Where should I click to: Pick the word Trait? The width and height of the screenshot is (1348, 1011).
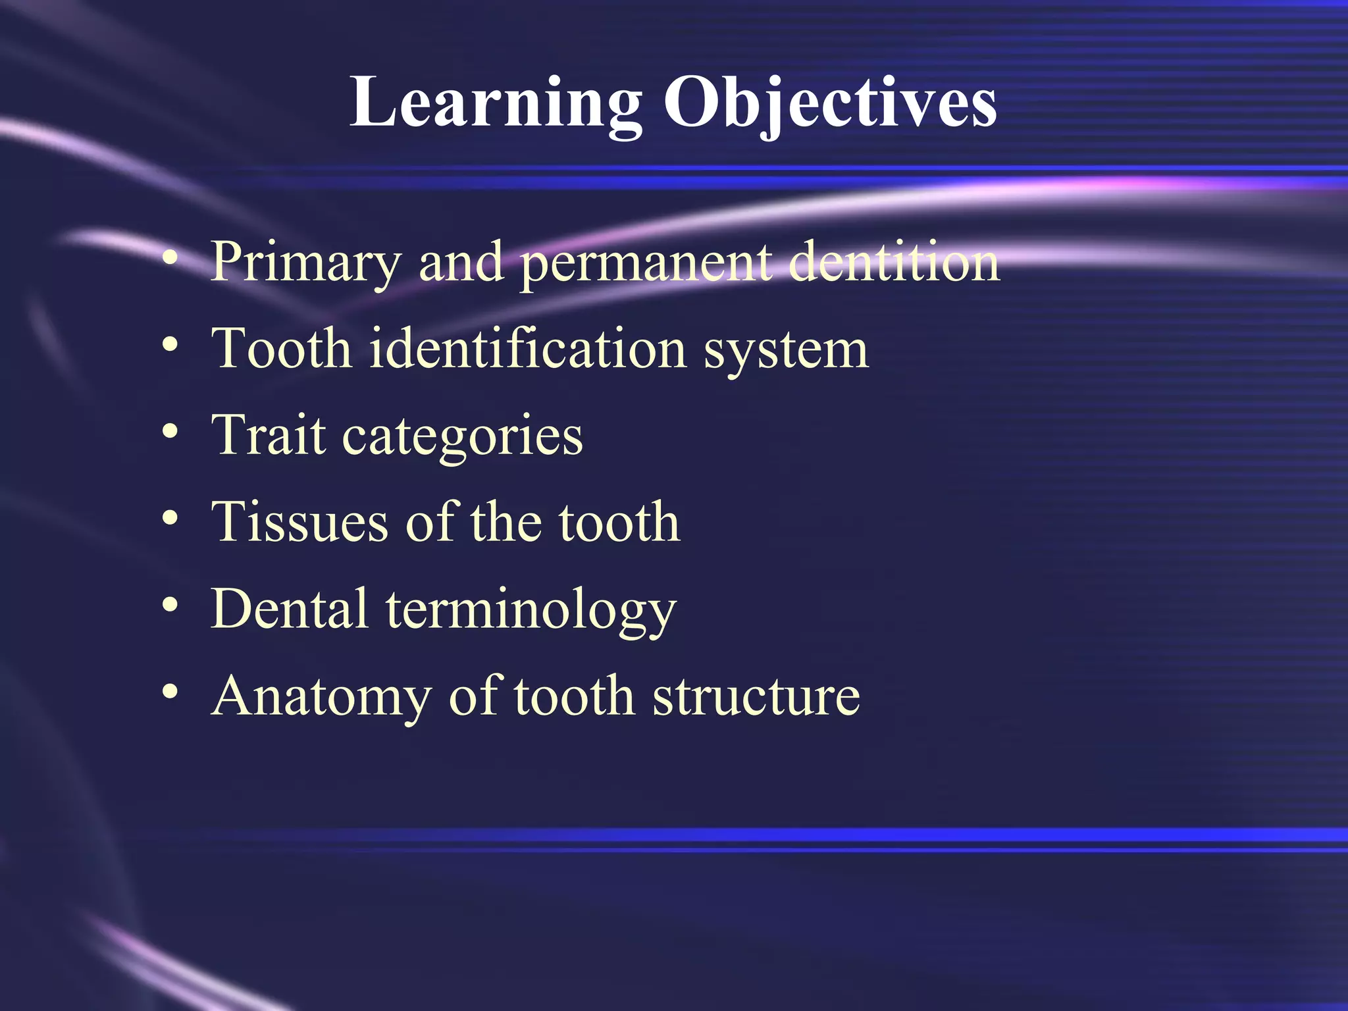coord(269,436)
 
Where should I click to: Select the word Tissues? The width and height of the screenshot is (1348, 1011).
coord(299,523)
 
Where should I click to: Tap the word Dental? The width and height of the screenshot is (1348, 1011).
coord(290,609)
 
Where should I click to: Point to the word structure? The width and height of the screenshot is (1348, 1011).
coord(756,696)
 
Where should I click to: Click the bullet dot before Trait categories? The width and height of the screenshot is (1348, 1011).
coord(170,432)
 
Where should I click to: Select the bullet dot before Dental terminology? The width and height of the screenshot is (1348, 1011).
coord(170,605)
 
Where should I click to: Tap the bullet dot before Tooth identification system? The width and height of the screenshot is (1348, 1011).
coord(170,345)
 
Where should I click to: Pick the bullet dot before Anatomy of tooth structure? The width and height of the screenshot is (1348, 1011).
coord(170,692)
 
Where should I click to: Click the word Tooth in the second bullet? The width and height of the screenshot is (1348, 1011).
coord(282,349)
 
